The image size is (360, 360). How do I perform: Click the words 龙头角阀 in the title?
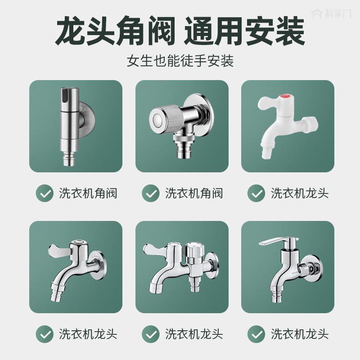click(114, 32)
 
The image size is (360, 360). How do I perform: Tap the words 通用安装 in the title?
click(245, 32)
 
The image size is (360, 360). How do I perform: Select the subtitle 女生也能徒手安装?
click(180, 61)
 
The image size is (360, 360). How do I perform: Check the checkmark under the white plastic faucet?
click(257, 193)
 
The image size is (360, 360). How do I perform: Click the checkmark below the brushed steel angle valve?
click(45, 193)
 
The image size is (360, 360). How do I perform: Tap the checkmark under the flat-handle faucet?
click(257, 334)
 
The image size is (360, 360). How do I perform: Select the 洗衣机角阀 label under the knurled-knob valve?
click(194, 193)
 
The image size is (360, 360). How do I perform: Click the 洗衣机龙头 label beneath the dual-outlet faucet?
click(194, 334)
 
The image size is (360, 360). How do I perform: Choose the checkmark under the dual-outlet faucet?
click(151, 334)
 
